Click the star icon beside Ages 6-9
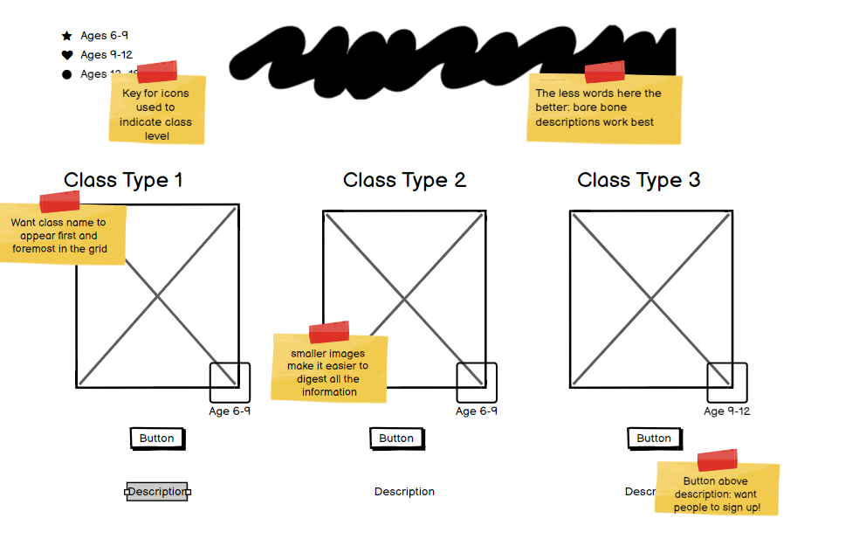click(67, 36)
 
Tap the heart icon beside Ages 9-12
click(67, 55)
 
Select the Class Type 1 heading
click(123, 180)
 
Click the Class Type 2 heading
click(404, 180)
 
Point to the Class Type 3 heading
click(638, 180)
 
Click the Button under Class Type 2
click(396, 438)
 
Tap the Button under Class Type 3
click(654, 438)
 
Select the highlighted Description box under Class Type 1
click(157, 492)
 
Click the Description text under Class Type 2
click(404, 492)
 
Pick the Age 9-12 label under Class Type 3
click(726, 411)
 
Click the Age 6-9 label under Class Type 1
click(230, 411)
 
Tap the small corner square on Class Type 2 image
click(477, 383)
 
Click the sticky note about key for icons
click(157, 109)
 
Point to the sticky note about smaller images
click(329, 370)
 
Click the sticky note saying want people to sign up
click(717, 492)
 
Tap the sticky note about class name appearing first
click(61, 234)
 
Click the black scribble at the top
click(454, 59)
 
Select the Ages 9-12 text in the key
click(107, 55)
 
